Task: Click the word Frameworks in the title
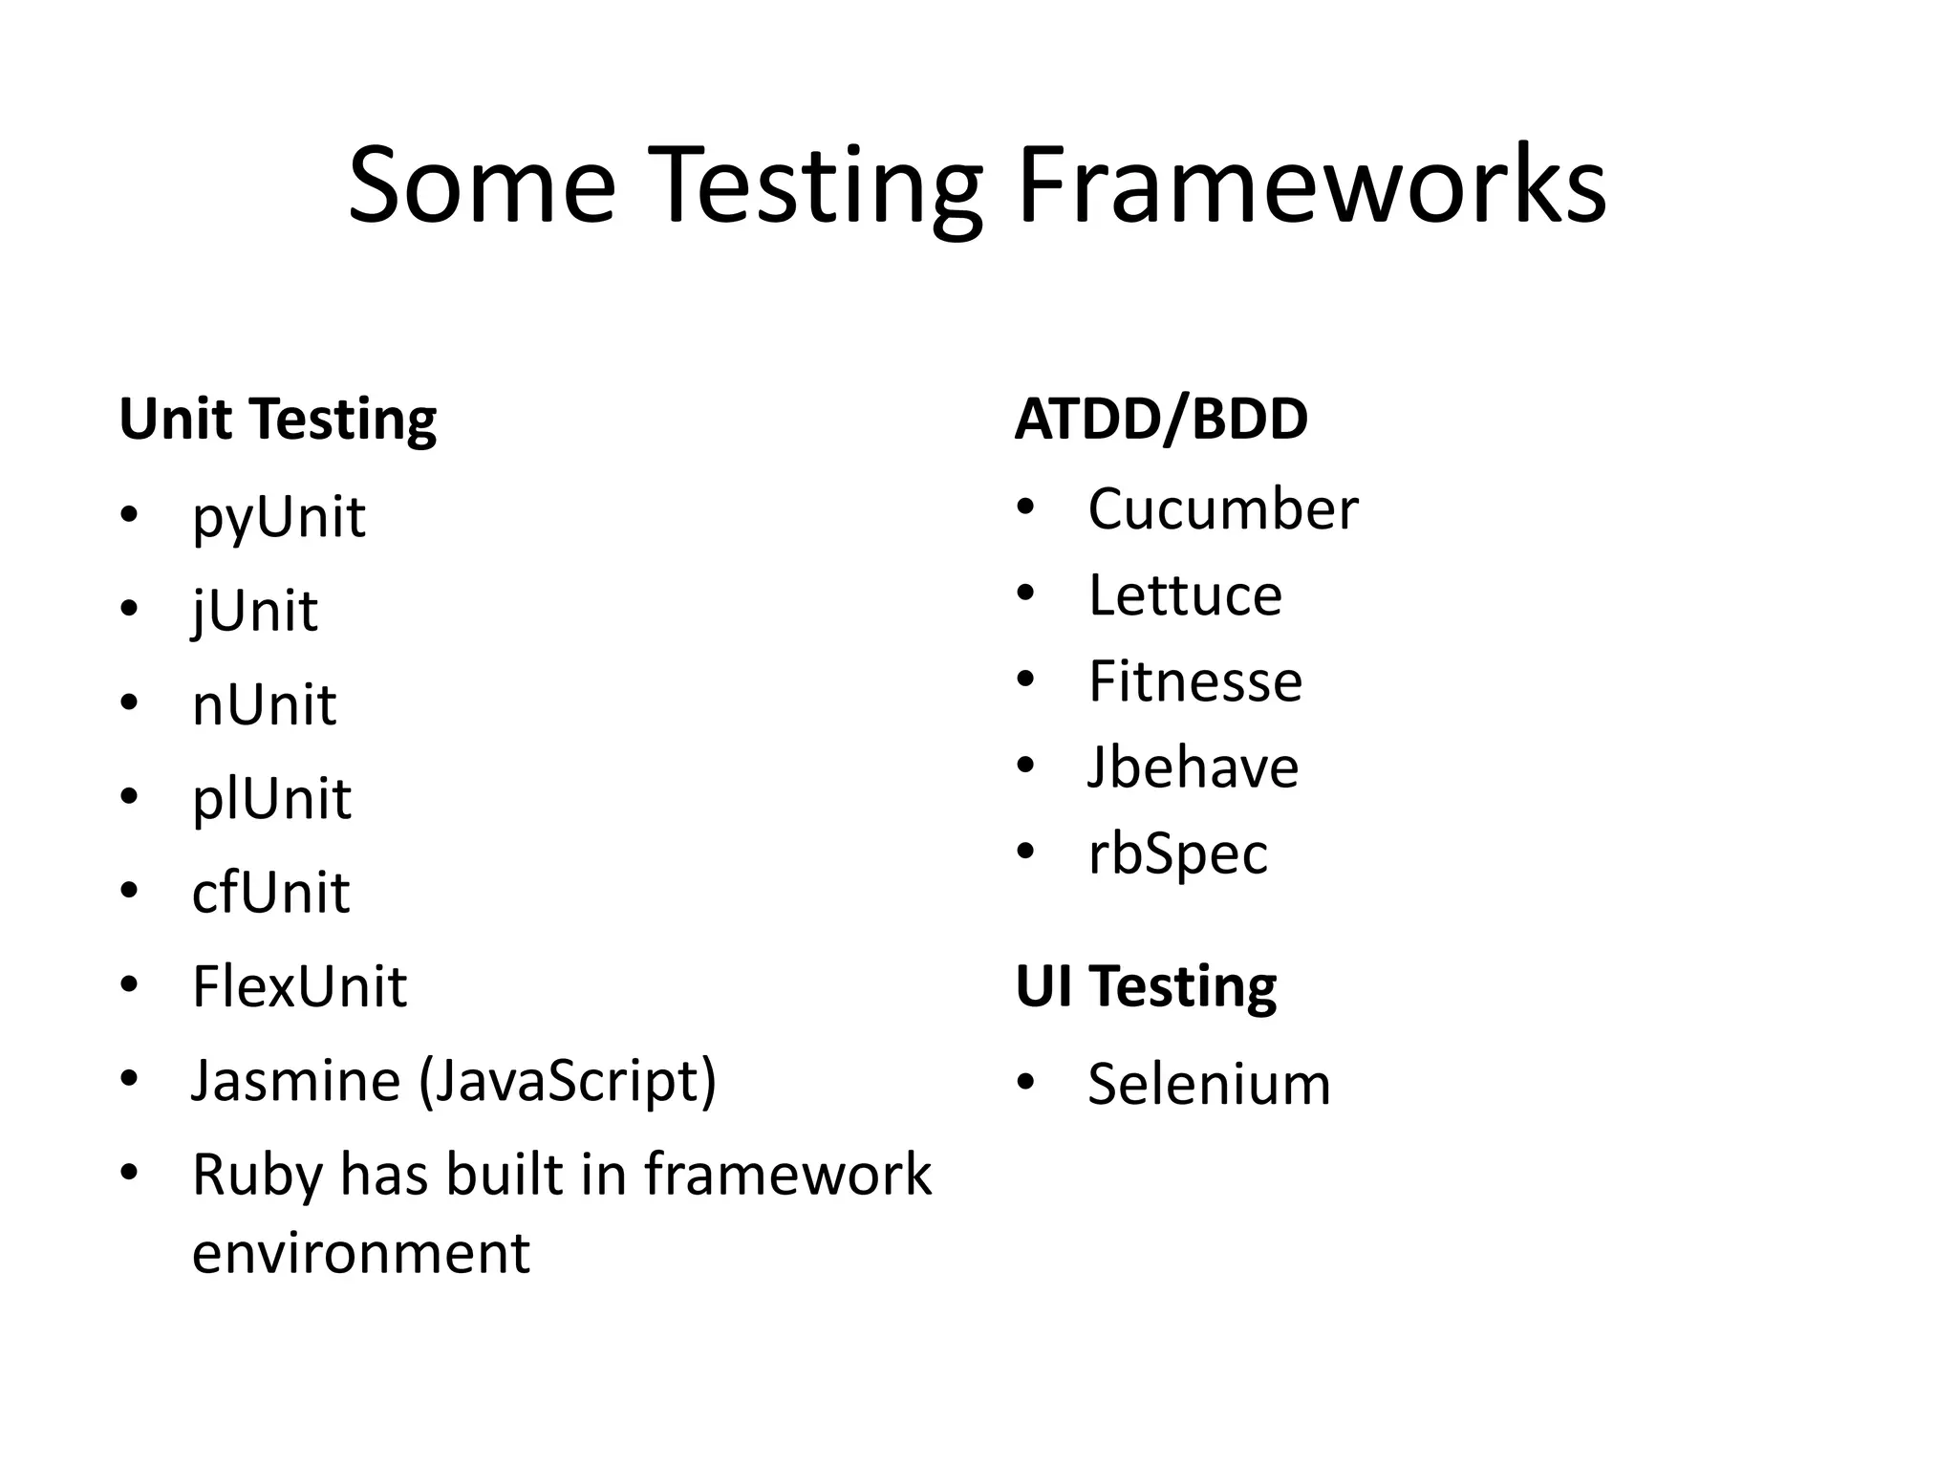[x=1311, y=186]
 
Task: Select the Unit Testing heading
[x=277, y=420]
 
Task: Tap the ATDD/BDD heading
[x=1161, y=420]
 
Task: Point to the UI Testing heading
[x=1146, y=986]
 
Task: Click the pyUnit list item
[x=278, y=518]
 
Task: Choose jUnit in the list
[x=254, y=612]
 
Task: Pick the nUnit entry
[x=264, y=705]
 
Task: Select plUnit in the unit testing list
[x=271, y=799]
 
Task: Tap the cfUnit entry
[x=270, y=893]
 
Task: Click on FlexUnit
[x=299, y=986]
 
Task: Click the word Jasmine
[x=296, y=1080]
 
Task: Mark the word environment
[x=360, y=1254]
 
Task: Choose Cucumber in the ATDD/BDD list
[x=1222, y=508]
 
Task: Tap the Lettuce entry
[x=1185, y=595]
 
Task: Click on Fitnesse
[x=1194, y=681]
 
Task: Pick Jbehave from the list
[x=1193, y=767]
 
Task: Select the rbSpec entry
[x=1177, y=854]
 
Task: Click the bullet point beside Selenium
[x=1025, y=1083]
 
